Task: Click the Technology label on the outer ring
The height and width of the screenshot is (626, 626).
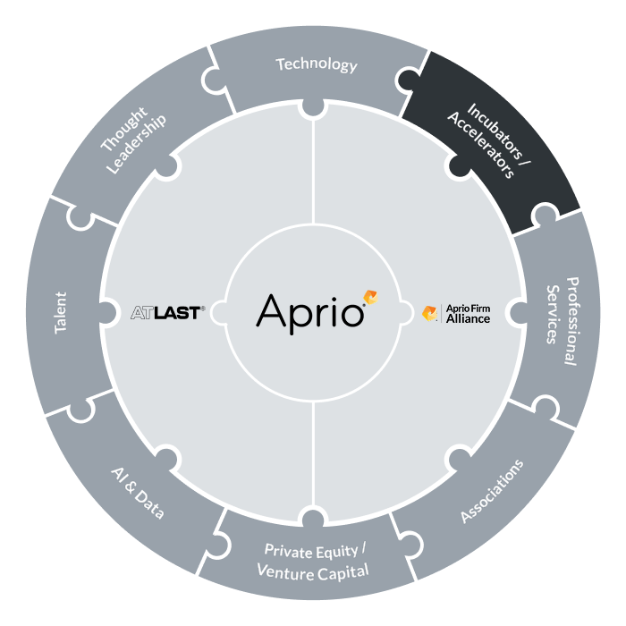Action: (x=317, y=64)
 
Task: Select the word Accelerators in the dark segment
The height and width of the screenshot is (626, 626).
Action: (x=481, y=145)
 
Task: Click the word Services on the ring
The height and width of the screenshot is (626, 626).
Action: (x=552, y=314)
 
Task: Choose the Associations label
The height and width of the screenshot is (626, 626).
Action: (x=492, y=491)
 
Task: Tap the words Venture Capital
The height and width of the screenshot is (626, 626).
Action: (x=313, y=571)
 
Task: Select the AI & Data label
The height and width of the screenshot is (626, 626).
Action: (x=138, y=493)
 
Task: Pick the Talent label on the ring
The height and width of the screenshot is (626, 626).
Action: (x=61, y=313)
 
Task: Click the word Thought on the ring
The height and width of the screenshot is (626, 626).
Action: (x=123, y=129)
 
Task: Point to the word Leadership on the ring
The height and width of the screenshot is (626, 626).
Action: (x=136, y=145)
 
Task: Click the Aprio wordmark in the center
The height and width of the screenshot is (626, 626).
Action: (x=310, y=314)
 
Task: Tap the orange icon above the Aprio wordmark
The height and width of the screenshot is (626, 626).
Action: (x=370, y=298)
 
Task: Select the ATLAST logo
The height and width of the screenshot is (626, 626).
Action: (x=168, y=313)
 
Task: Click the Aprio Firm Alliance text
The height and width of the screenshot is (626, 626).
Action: (x=468, y=314)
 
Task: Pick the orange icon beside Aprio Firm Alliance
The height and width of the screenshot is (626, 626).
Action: (x=429, y=313)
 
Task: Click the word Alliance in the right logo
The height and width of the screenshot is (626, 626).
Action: (x=468, y=318)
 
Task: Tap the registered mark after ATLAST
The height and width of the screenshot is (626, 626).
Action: (x=203, y=309)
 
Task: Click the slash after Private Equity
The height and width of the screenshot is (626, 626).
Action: (x=363, y=548)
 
